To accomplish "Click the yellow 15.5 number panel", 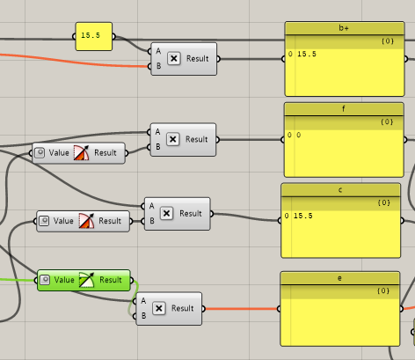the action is [94, 36].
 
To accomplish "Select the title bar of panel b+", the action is [345, 28].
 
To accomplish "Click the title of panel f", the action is [344, 109].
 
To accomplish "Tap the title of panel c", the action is [340, 190].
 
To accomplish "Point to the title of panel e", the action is [339, 278].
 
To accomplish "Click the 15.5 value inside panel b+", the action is [307, 54].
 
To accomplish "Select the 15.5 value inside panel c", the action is [303, 216].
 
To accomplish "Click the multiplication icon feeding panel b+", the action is [174, 59].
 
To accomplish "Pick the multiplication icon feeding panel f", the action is [173, 139].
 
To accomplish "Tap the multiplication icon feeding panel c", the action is [166, 213].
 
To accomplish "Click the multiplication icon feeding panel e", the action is [159, 308].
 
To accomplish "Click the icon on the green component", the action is [87, 280].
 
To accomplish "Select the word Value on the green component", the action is [64, 280].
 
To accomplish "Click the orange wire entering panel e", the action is [241, 309].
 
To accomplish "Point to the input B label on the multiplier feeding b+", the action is [158, 66].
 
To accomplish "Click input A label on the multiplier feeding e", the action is [143, 301].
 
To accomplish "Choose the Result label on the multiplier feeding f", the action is [196, 139].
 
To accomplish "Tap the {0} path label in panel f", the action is [387, 121].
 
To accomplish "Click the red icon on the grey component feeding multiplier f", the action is [81, 153].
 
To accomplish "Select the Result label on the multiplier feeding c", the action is [191, 213].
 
